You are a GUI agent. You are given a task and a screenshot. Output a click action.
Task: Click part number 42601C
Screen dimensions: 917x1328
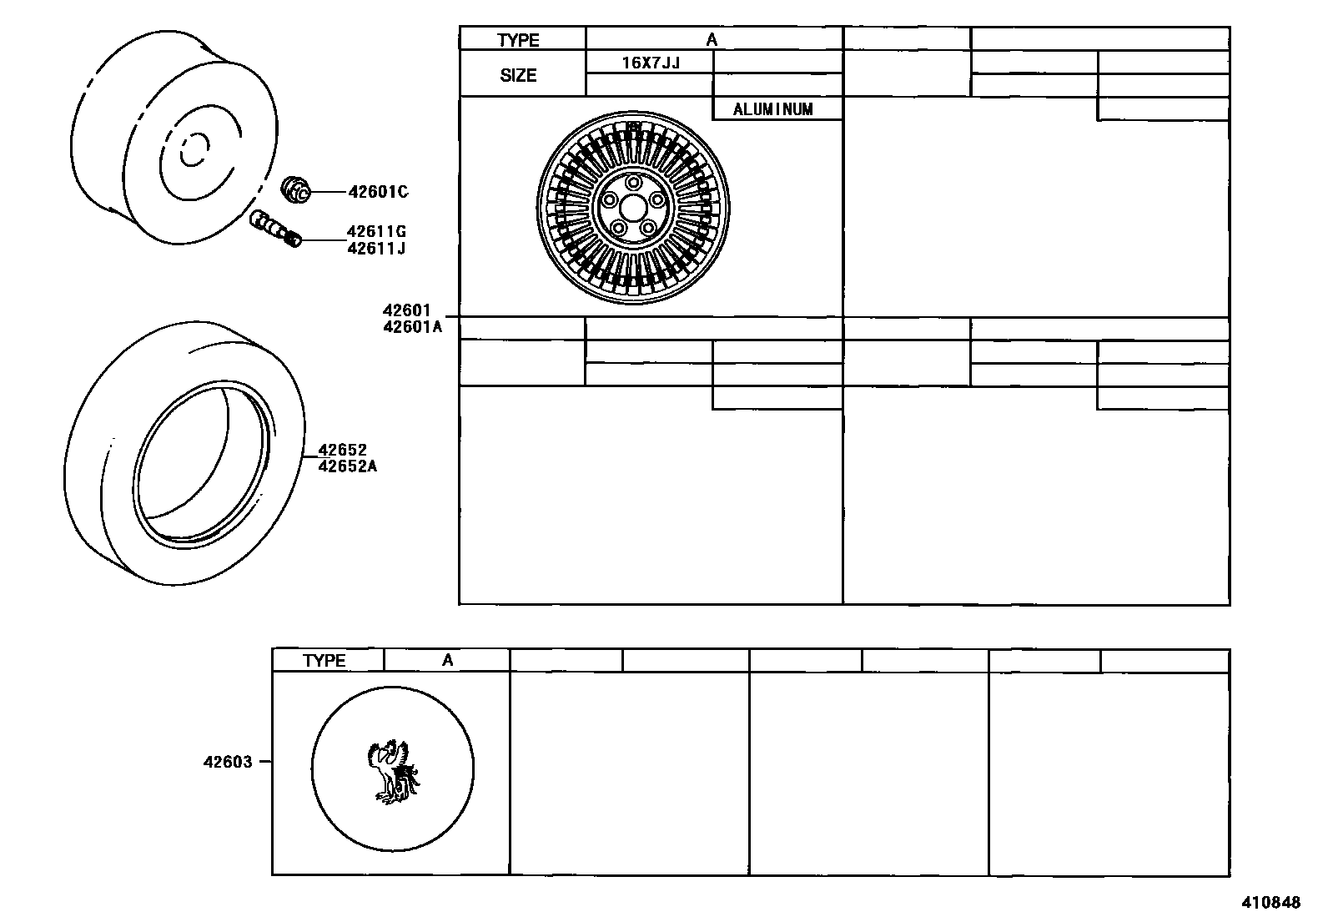click(378, 192)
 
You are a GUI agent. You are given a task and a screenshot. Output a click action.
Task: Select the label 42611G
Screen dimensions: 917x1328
click(376, 232)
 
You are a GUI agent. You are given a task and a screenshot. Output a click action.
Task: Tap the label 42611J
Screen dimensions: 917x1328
click(376, 248)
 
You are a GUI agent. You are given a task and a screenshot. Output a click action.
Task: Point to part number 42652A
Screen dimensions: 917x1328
click(347, 466)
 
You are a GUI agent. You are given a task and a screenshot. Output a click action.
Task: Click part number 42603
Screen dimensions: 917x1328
click(227, 762)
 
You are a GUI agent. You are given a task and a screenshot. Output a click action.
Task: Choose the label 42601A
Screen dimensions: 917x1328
click(412, 327)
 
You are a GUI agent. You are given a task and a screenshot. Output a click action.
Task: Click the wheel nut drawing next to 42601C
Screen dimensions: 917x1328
click(296, 190)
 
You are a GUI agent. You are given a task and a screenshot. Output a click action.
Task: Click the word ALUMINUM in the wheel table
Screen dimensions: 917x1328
click(772, 109)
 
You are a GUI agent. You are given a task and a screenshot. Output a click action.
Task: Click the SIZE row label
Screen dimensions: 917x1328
click(518, 75)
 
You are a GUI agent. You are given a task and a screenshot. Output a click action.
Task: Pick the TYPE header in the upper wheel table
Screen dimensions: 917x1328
click(519, 40)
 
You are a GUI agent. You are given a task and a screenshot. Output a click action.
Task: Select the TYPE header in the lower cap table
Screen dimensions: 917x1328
click(324, 661)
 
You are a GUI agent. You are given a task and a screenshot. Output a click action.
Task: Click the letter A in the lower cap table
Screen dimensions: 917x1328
click(448, 661)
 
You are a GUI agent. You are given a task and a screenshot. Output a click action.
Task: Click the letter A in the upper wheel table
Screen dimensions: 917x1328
click(712, 39)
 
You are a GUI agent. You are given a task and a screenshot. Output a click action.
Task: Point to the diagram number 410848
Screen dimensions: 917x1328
click(1270, 902)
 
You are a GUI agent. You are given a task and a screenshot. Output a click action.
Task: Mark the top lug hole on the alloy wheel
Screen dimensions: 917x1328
click(633, 182)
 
